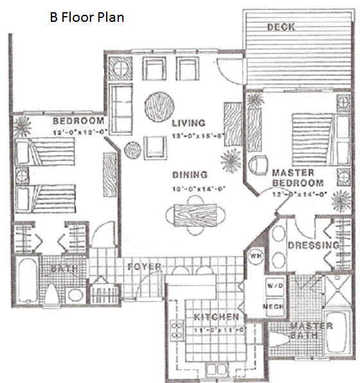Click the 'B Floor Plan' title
87,17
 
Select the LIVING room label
188,123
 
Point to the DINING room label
189,174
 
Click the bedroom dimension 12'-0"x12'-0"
78,131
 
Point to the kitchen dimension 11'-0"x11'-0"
218,329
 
